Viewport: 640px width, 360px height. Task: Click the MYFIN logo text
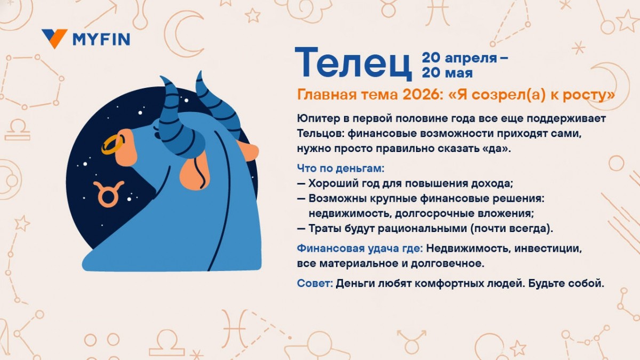tap(101, 39)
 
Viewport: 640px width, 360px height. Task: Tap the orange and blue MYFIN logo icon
tap(54, 38)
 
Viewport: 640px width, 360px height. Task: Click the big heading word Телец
tap(353, 63)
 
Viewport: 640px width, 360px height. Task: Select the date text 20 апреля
tap(459, 58)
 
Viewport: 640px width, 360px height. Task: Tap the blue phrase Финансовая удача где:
tap(360, 249)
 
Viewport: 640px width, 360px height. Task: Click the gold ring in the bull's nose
tap(113, 144)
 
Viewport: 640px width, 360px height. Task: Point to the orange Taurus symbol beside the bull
tap(108, 194)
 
